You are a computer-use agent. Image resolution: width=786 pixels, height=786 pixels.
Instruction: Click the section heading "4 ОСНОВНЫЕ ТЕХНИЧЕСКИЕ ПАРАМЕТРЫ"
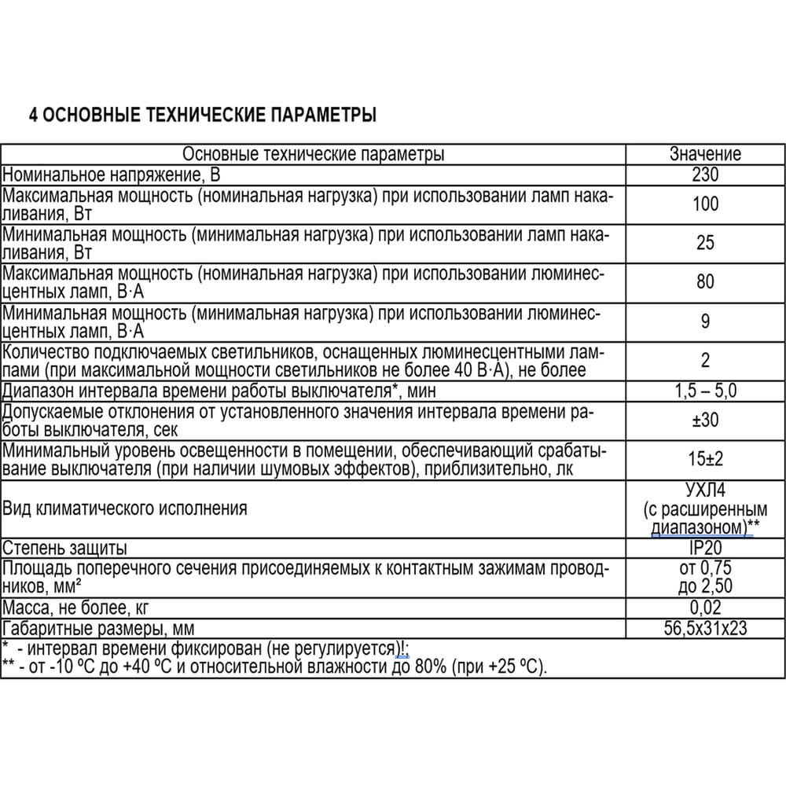click(x=202, y=116)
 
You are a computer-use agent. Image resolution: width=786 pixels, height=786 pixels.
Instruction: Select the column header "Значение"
click(x=705, y=154)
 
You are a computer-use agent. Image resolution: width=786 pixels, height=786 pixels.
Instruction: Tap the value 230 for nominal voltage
click(x=705, y=174)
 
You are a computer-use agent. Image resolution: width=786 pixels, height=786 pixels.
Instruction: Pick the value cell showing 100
click(x=705, y=204)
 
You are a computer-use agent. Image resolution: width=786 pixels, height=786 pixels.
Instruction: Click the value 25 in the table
click(x=705, y=243)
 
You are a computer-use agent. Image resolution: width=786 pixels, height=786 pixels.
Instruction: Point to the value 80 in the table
click(x=705, y=281)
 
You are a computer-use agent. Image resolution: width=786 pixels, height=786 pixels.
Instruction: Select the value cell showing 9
click(x=705, y=321)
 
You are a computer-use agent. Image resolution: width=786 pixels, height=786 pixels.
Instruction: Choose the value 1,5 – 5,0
click(x=705, y=390)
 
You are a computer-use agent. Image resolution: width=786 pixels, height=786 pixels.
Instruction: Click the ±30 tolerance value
click(x=705, y=420)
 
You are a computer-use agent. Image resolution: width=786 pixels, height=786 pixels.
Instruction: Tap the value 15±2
click(x=705, y=459)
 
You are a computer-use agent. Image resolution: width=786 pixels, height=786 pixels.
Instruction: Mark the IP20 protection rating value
click(x=705, y=548)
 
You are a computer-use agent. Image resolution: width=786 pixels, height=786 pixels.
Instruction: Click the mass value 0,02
click(x=705, y=608)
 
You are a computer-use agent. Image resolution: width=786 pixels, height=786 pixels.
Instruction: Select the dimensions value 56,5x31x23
click(x=705, y=628)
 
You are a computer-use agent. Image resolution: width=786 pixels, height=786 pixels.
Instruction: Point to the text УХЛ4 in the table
click(x=705, y=490)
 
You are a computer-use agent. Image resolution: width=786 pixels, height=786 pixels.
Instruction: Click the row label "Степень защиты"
click(x=64, y=548)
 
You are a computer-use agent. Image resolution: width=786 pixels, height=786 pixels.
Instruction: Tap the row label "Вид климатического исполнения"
click(x=124, y=509)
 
